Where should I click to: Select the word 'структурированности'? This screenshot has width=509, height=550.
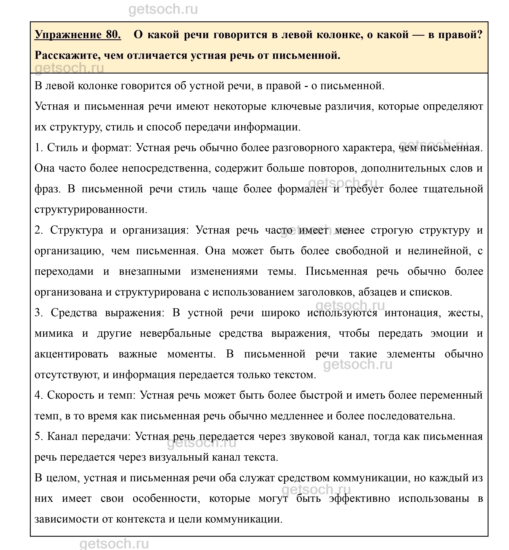[x=91, y=210]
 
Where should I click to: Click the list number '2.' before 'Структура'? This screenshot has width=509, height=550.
[x=39, y=230]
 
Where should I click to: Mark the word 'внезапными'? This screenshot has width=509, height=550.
[x=150, y=272]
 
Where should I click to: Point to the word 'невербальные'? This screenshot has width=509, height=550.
[x=175, y=334]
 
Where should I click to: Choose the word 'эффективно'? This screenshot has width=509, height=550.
[x=359, y=499]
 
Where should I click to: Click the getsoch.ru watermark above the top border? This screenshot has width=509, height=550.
[x=163, y=10]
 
